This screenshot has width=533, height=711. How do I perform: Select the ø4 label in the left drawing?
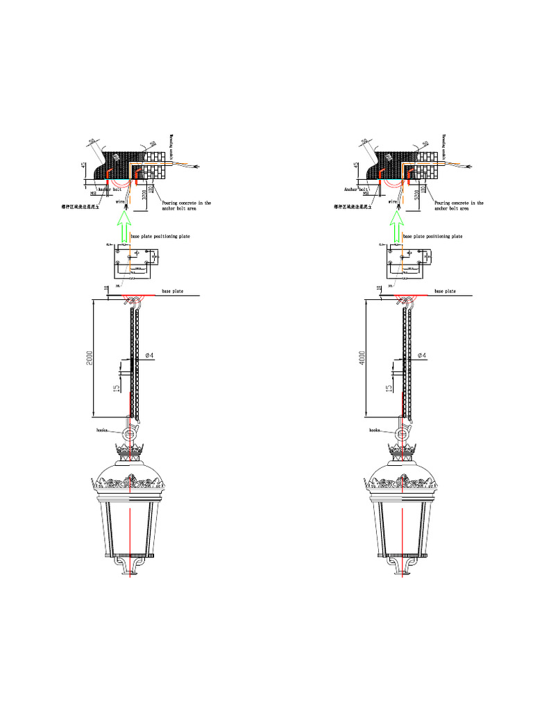(x=149, y=355)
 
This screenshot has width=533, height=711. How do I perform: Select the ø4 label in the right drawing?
(x=422, y=355)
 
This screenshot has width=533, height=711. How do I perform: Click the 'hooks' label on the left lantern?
(x=104, y=430)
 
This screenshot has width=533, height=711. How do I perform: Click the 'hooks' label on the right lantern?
(x=377, y=430)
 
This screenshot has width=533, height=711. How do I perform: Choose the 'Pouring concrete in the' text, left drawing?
(x=186, y=203)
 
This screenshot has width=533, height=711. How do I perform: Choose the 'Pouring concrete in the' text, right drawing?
(x=459, y=203)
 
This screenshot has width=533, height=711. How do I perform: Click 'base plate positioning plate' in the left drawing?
(x=160, y=237)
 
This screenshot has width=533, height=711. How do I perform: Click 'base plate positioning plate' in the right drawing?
(x=433, y=237)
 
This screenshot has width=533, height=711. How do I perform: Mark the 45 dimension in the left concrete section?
(x=84, y=167)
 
